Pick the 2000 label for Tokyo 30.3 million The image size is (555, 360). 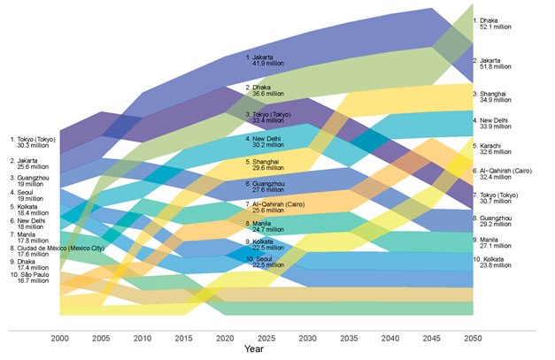33,142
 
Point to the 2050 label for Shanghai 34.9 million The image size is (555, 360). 495,96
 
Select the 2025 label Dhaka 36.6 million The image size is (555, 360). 263,91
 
